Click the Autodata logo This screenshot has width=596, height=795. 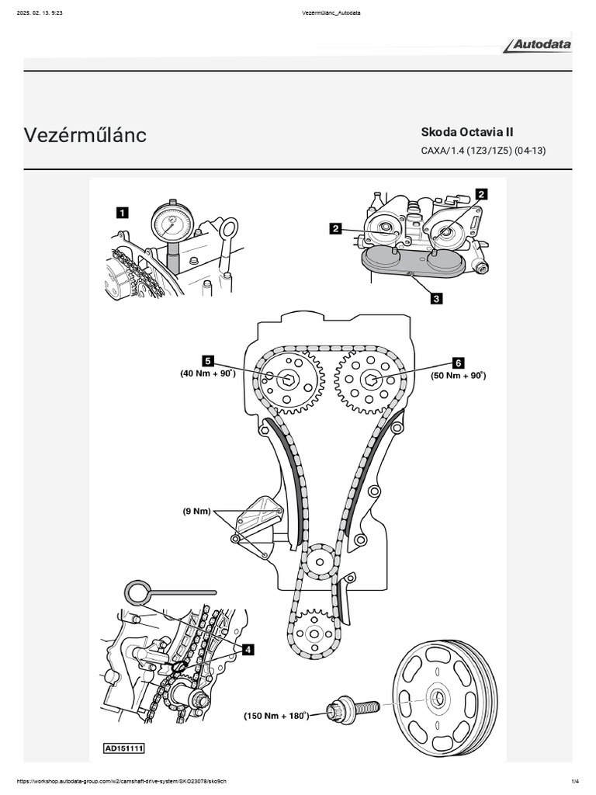(538, 45)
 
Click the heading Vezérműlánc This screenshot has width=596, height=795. (85, 135)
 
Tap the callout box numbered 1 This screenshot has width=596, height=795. (122, 210)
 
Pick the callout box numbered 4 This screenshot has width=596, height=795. (248, 649)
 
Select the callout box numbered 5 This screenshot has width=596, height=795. (208, 361)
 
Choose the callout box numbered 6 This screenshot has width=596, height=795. (458, 362)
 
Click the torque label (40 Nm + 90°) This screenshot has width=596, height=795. (207, 374)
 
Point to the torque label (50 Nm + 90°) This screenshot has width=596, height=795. (458, 375)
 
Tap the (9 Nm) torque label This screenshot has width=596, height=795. (198, 511)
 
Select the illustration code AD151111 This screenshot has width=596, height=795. (124, 749)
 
